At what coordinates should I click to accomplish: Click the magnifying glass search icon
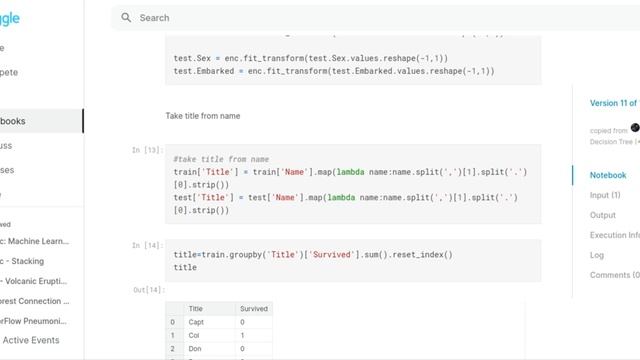click(126, 18)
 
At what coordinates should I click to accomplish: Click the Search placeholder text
click(155, 18)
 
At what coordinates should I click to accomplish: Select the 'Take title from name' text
click(203, 116)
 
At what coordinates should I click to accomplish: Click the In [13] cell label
click(147, 150)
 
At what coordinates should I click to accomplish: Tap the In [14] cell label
click(147, 245)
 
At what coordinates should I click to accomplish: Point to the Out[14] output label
click(147, 290)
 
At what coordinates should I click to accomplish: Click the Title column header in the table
click(196, 309)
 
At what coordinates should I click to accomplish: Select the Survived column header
click(254, 309)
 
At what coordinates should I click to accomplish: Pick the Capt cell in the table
click(197, 322)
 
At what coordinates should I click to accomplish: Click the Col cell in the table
click(195, 335)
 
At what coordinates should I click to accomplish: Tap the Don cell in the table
click(196, 348)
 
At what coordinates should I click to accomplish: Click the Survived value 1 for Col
click(243, 335)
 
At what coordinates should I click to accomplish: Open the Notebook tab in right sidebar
click(608, 175)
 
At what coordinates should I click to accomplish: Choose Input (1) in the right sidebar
click(606, 195)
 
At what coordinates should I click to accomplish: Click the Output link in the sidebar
click(603, 215)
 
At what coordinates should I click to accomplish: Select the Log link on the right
click(597, 255)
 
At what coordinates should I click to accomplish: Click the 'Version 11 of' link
click(613, 103)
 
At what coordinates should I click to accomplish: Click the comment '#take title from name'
click(221, 159)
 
